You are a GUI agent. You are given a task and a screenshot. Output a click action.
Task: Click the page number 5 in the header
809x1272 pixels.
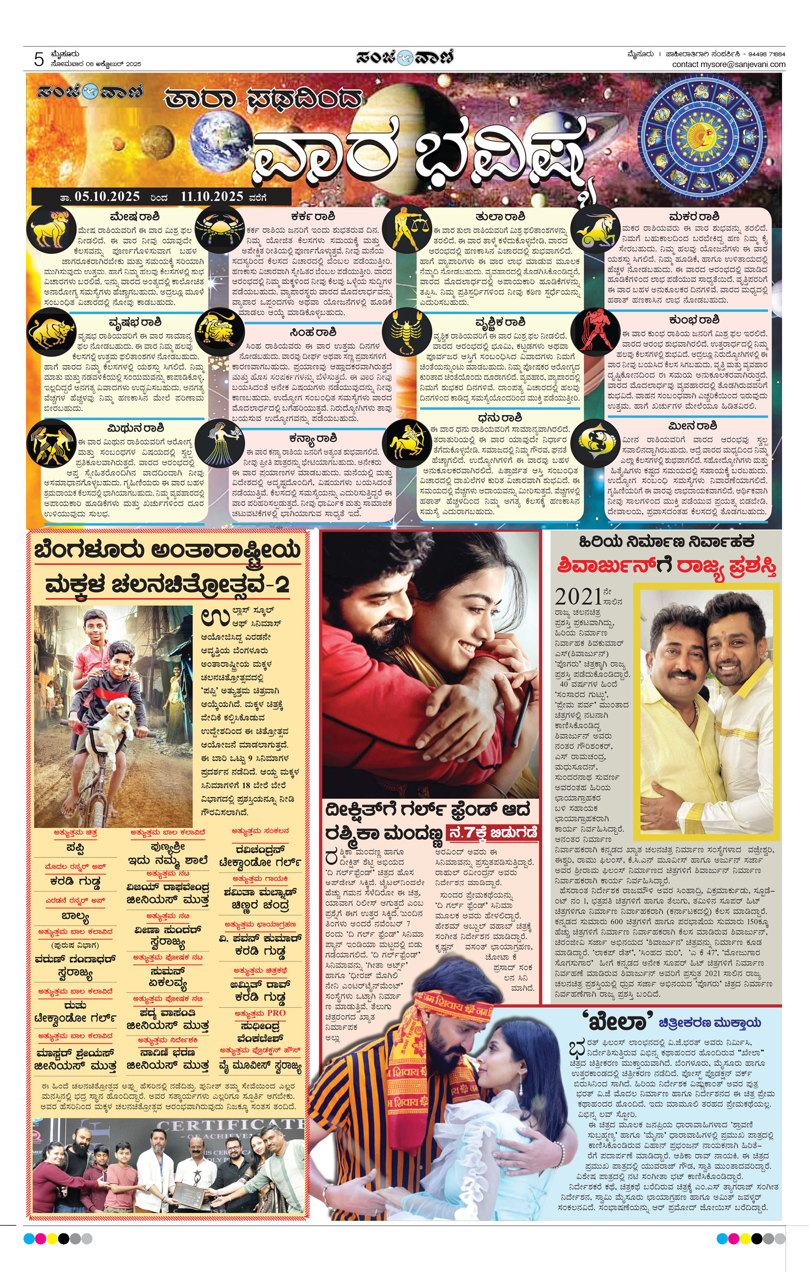coord(39,59)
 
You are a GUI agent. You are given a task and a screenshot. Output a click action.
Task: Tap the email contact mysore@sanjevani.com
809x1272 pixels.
coord(728,65)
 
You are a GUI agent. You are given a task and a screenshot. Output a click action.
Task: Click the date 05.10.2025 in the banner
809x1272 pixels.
coord(107,197)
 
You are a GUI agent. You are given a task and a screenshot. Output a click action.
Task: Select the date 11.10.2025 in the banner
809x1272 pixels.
coord(212,197)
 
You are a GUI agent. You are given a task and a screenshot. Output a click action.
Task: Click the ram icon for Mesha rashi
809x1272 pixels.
coord(51,230)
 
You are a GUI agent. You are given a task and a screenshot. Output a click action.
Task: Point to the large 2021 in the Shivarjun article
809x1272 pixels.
coord(578,597)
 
